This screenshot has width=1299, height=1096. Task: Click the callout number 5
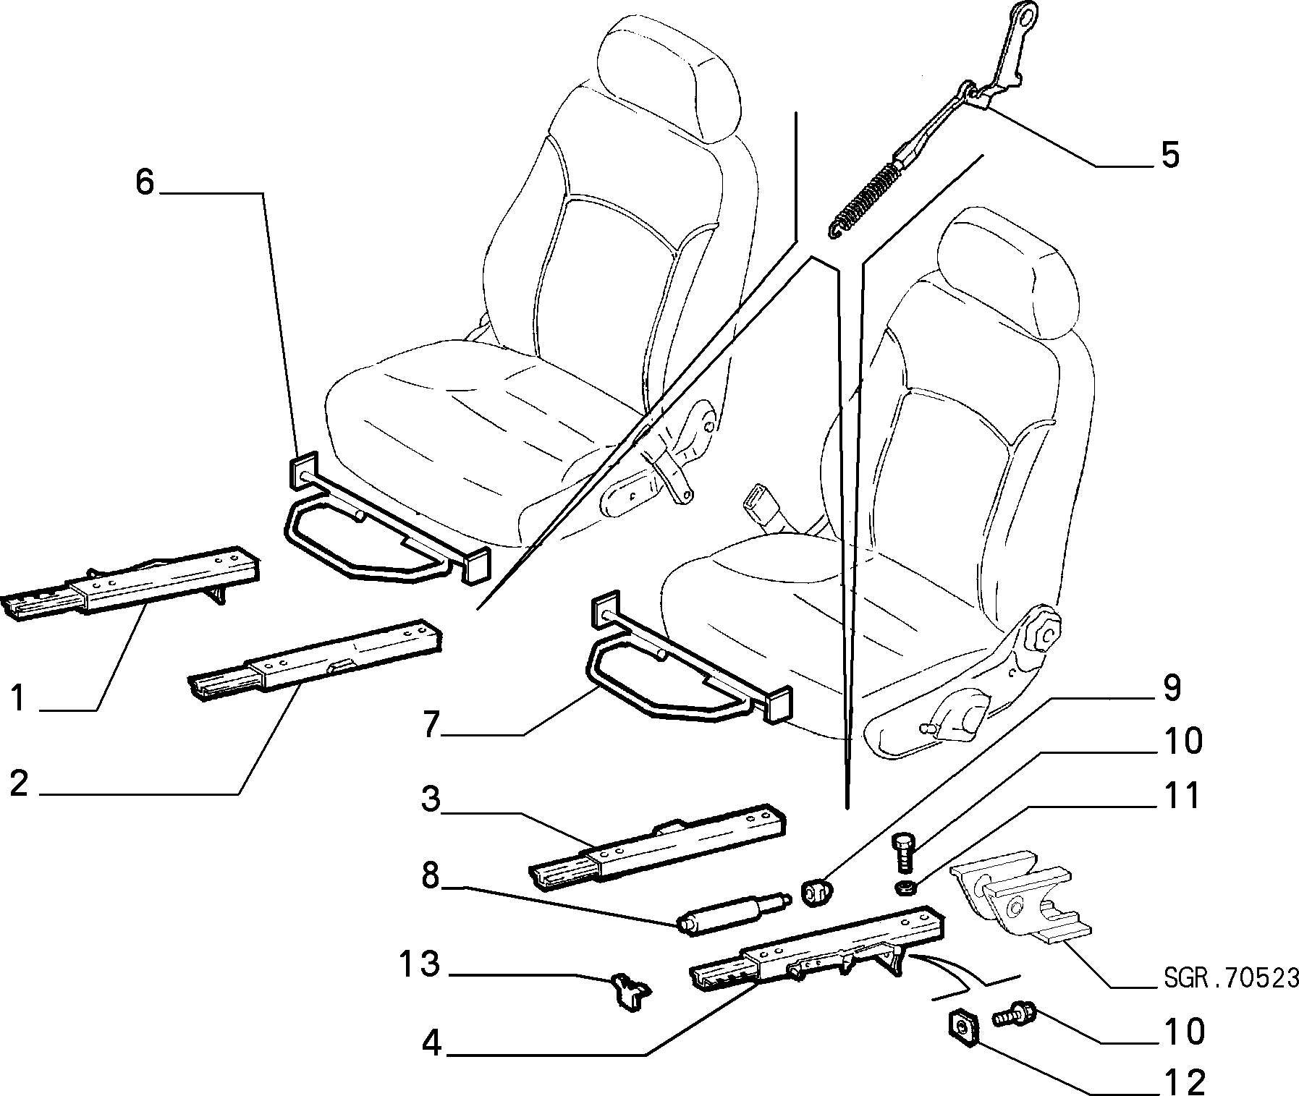point(1169,155)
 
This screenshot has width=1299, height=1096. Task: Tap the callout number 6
point(145,183)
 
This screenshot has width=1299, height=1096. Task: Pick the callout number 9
point(1171,688)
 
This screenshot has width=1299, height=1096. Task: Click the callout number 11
point(1180,795)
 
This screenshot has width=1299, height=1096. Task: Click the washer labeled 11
point(905,887)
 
